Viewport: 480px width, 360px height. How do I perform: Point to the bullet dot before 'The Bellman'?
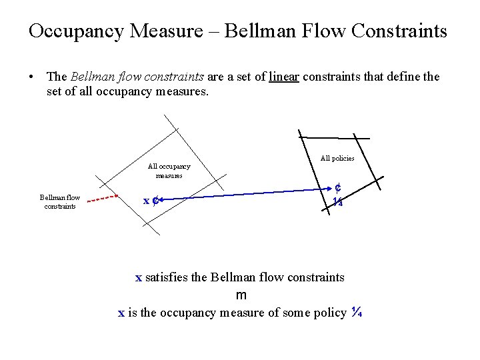pyautogui.click(x=33, y=77)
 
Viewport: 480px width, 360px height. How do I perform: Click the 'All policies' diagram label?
pyautogui.click(x=337, y=158)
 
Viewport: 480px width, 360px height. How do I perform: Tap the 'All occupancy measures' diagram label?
pyautogui.click(x=169, y=171)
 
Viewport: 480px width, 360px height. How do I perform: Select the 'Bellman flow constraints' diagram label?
pyautogui.click(x=59, y=201)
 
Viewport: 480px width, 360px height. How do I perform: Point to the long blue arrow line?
pyautogui.click(x=247, y=194)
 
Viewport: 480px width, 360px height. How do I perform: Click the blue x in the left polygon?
pyautogui.click(x=147, y=200)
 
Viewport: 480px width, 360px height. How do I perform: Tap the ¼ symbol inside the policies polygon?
pyautogui.click(x=338, y=201)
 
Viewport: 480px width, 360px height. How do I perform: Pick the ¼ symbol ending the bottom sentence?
pyautogui.click(x=356, y=312)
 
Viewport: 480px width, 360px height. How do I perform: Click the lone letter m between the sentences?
pyautogui.click(x=241, y=295)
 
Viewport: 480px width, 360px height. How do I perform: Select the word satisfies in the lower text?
pyautogui.click(x=166, y=277)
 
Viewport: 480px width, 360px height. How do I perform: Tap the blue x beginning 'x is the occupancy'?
pyautogui.click(x=121, y=313)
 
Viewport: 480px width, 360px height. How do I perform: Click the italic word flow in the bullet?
pyautogui.click(x=122, y=77)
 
